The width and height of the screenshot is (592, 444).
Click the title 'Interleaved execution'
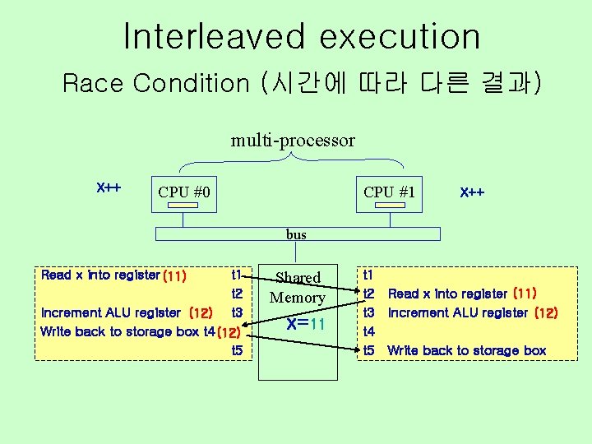coord(301,37)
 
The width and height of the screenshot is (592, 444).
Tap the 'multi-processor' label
coord(293,141)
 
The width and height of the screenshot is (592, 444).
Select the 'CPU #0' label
coord(184,192)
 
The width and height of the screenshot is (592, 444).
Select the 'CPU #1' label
coord(390,192)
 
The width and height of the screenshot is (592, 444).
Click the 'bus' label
coord(296,234)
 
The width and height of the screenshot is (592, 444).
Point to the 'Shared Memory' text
coord(298,287)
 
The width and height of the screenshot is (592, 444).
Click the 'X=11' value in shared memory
coord(306,324)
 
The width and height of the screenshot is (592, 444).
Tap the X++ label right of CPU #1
coord(472,192)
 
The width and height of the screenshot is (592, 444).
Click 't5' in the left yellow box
coord(237,351)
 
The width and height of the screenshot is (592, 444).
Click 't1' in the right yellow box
coord(368,275)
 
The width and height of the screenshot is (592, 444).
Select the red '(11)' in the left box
coord(175,275)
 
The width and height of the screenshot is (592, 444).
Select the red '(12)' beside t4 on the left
coord(227,333)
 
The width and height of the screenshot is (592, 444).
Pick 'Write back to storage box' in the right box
coord(467,351)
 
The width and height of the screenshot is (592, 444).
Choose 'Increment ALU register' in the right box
coord(459,312)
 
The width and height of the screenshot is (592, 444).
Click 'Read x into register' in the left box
coord(100,275)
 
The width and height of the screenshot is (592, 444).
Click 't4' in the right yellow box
coord(368,332)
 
